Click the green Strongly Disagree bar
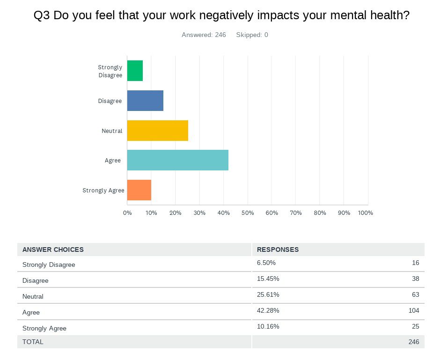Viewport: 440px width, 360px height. pyautogui.click(x=135, y=71)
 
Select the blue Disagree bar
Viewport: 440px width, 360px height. pyautogui.click(x=145, y=101)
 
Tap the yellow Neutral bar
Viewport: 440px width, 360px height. pyautogui.click(x=157, y=131)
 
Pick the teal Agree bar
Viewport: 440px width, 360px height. pyautogui.click(x=177, y=160)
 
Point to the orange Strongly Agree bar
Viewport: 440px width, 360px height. pyautogui.click(x=139, y=190)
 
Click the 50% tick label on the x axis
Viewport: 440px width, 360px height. pyautogui.click(x=248, y=213)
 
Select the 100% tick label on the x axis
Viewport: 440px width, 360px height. pyautogui.click(x=365, y=213)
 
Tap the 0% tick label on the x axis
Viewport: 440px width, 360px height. pyautogui.click(x=127, y=213)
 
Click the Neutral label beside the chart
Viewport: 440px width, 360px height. pyautogui.click(x=112, y=131)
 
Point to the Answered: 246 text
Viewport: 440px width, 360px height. pyautogui.click(x=204, y=35)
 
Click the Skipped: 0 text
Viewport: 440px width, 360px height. pyautogui.click(x=252, y=35)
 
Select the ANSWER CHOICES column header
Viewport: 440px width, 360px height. pyautogui.click(x=53, y=250)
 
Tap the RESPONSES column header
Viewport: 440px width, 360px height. pyautogui.click(x=278, y=250)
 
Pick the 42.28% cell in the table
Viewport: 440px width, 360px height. pyautogui.click(x=268, y=310)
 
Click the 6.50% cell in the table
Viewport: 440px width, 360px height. pyautogui.click(x=266, y=263)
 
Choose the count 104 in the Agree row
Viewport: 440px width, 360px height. pyautogui.click(x=413, y=310)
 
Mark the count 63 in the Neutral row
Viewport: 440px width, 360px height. pyautogui.click(x=415, y=294)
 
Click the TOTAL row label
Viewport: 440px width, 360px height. pyautogui.click(x=33, y=342)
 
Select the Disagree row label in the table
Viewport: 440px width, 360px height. pyautogui.click(x=36, y=280)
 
